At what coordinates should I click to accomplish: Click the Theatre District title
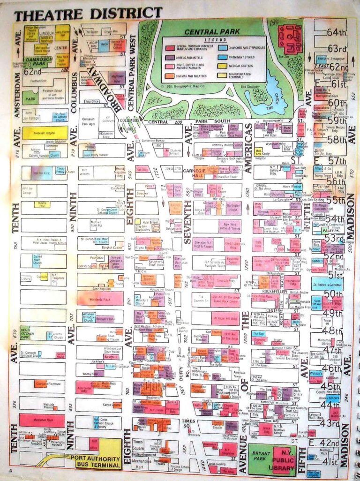click(88, 14)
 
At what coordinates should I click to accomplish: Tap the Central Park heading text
click(212, 32)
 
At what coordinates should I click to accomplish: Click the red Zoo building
click(290, 36)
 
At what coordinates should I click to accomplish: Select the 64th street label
click(335, 32)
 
